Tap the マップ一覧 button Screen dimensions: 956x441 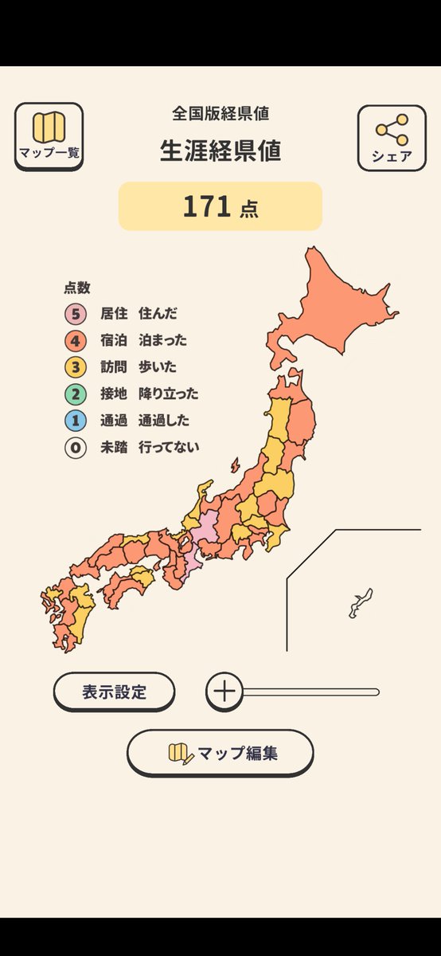49,136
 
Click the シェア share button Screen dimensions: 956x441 391,138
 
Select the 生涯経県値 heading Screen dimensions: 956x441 220,151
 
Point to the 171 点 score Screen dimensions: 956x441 220,206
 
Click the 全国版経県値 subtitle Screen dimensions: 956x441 220,113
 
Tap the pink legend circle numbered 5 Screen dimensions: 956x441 76,313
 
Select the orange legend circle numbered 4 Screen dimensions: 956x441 76,340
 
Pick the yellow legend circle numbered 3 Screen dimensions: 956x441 76,367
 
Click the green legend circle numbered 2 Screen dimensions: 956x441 76,394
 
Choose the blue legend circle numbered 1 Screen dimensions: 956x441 76,421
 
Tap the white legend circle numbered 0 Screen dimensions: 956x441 76,448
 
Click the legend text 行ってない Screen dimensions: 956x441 169,448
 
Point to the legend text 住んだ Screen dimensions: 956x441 158,313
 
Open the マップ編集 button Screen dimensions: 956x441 220,753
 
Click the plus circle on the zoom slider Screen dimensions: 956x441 225,692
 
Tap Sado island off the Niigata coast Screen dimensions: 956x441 235,465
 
